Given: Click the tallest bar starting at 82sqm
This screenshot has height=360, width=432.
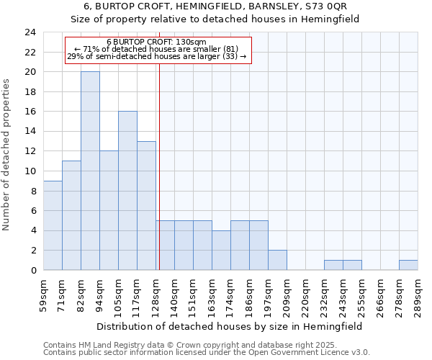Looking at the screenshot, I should [90, 171].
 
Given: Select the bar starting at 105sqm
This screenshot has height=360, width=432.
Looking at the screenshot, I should [127, 191].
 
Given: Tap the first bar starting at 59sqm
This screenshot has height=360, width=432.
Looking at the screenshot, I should [53, 225].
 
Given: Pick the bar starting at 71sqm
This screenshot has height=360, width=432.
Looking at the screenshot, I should [71, 215].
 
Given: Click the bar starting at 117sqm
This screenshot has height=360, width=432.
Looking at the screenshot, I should [146, 205].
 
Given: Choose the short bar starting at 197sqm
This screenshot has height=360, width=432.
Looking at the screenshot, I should [277, 260].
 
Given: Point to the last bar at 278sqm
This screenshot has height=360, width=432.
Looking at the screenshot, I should [408, 265].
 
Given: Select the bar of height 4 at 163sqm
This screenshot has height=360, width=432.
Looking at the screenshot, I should [221, 250].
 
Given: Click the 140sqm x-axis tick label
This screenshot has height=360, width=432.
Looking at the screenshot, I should [175, 291].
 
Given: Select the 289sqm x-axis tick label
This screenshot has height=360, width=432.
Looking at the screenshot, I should [418, 291].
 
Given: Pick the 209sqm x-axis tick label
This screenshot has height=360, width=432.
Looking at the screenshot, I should [287, 291].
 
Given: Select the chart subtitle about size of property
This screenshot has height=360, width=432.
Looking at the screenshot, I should [216, 19].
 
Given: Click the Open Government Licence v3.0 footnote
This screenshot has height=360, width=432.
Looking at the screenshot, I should [206, 352].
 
